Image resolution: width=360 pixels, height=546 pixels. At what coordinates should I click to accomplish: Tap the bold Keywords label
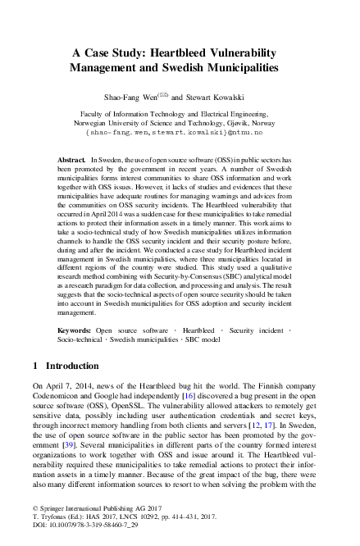click(75, 330)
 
